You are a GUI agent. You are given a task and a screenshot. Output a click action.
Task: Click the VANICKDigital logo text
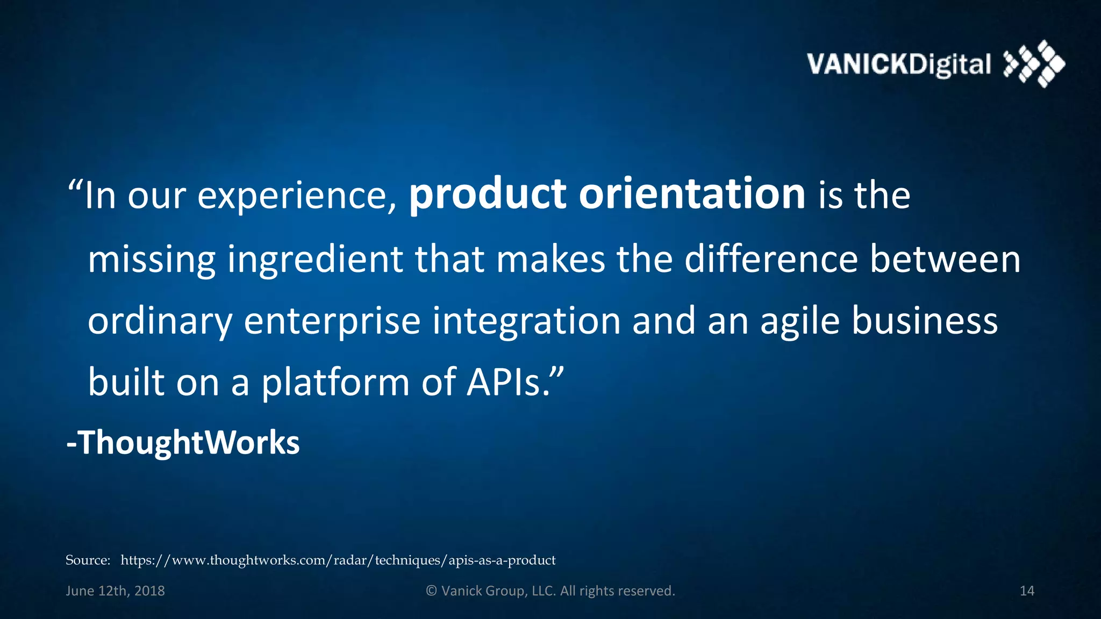point(898,64)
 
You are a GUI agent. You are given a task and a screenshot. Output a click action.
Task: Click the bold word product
point(487,195)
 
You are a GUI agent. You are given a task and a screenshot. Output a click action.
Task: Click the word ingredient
point(314,260)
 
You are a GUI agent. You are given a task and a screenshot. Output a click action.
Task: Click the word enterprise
point(332,321)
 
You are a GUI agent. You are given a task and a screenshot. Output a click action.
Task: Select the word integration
point(526,321)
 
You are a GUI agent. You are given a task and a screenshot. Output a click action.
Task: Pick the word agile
point(799,321)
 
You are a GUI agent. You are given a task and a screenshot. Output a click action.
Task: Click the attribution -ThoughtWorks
point(183,443)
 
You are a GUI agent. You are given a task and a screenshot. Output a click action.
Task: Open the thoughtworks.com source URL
point(338,560)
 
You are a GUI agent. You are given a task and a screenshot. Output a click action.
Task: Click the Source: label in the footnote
point(88,560)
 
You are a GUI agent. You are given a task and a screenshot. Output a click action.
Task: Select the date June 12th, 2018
point(115,591)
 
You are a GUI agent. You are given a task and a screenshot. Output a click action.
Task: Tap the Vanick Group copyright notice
point(550,591)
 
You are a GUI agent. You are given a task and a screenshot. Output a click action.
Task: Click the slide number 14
point(1027,591)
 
